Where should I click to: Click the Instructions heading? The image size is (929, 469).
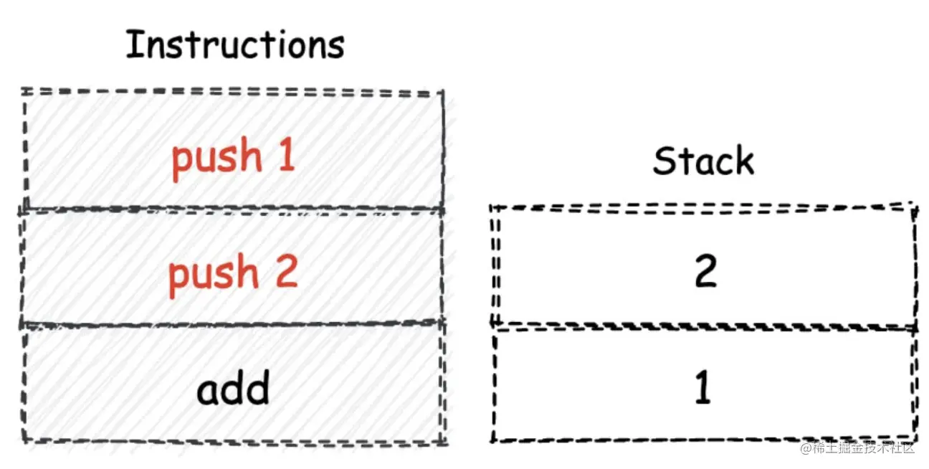click(234, 46)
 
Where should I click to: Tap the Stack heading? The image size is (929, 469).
click(703, 161)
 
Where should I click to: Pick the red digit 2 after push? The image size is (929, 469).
click(286, 272)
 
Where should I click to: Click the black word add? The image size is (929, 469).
click(233, 389)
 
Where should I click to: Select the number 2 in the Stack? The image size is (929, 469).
click(705, 272)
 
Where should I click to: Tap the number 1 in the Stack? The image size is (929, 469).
click(703, 388)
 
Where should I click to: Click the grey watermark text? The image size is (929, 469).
click(857, 449)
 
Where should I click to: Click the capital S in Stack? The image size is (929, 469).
click(665, 161)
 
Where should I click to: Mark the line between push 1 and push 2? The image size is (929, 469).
click(233, 209)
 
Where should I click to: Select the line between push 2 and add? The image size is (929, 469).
click(233, 324)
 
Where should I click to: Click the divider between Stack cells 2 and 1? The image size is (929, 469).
click(703, 328)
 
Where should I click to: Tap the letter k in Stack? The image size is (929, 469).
click(744, 161)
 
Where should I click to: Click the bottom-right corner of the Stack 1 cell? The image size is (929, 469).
click(915, 438)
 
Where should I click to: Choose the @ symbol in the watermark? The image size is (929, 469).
click(806, 449)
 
